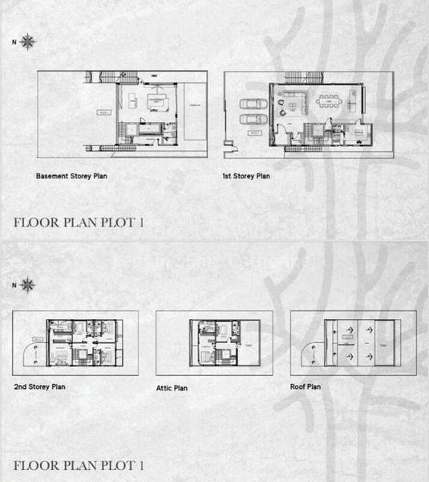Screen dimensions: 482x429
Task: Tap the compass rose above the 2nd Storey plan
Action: click(x=28, y=284)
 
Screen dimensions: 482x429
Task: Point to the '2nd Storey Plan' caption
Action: click(x=39, y=386)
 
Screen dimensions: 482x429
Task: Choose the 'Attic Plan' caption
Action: click(x=172, y=388)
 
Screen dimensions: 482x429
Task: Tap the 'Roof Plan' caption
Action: click(x=306, y=386)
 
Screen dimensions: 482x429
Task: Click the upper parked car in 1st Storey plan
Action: click(x=253, y=104)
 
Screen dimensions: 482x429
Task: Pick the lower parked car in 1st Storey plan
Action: click(x=253, y=120)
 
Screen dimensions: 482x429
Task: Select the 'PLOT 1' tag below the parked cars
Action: click(x=255, y=132)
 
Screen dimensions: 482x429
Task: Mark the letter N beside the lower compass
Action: click(x=13, y=284)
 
